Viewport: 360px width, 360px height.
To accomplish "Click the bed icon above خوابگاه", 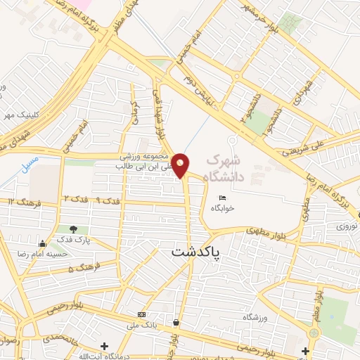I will pos(222,197).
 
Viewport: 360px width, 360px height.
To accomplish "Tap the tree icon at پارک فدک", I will pos(74,229).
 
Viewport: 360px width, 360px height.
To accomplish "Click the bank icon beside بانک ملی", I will pos(143,314).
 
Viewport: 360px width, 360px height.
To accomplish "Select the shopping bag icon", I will pos(175,323).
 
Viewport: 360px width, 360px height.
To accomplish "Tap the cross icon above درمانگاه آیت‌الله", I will pos(105,346).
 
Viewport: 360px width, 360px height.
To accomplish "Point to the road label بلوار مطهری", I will pos(269,230).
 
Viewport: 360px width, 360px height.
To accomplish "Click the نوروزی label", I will pos(346,226).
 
